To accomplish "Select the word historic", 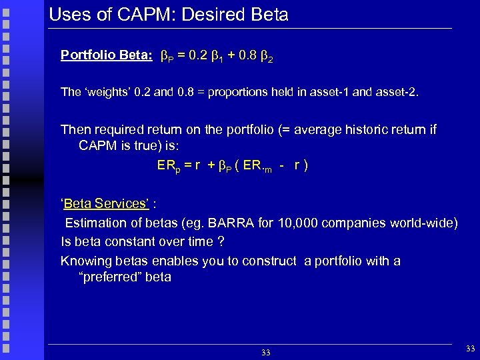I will tap(344, 129).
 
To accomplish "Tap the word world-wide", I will tap(427, 223).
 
